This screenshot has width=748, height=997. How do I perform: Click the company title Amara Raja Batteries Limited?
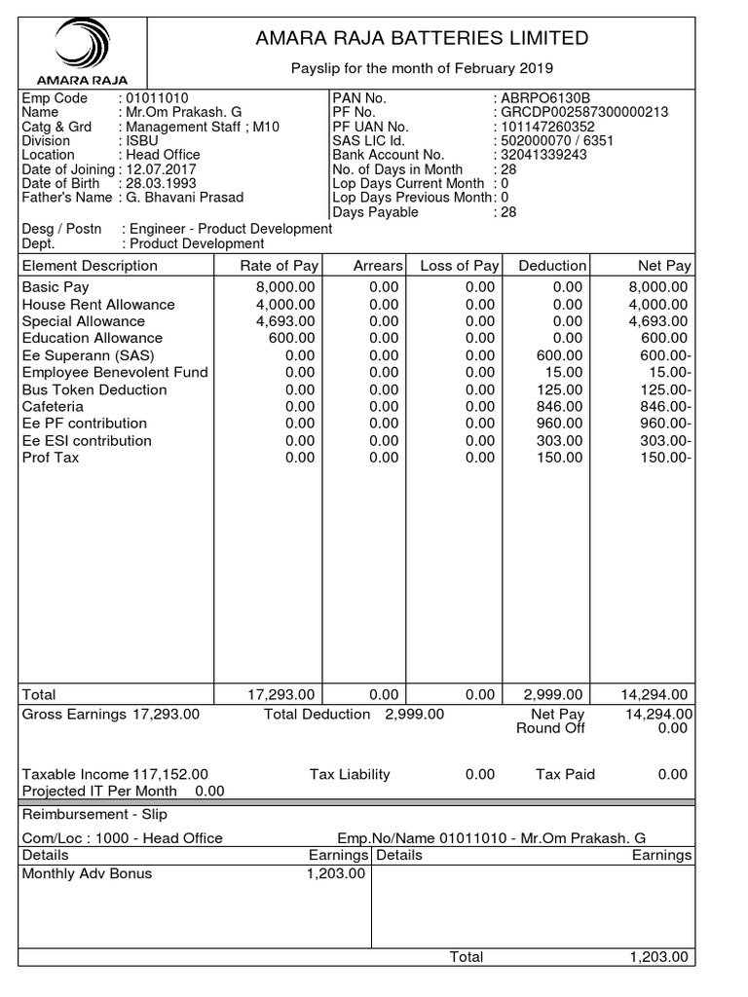pyautogui.click(x=422, y=39)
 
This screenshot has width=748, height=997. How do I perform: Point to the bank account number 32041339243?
pyautogui.click(x=543, y=155)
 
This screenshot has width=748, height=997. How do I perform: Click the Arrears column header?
pyautogui.click(x=377, y=266)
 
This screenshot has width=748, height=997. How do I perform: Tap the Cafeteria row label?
pyautogui.click(x=53, y=406)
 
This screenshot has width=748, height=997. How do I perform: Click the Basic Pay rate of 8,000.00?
pyautogui.click(x=284, y=287)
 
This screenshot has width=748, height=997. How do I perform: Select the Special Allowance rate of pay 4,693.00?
pyautogui.click(x=284, y=321)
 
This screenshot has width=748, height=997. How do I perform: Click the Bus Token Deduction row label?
pyautogui.click(x=94, y=389)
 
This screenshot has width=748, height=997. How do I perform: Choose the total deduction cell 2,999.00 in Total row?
pyautogui.click(x=553, y=694)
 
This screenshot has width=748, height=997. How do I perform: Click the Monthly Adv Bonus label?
pyautogui.click(x=87, y=873)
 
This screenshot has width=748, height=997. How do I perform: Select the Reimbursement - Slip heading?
pyautogui.click(x=84, y=814)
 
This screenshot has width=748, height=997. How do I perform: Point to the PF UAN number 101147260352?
pyautogui.click(x=547, y=127)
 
